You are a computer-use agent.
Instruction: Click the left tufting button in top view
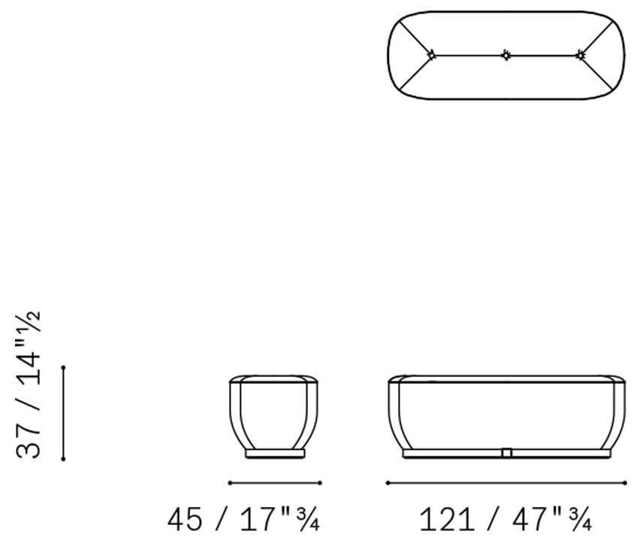(432, 55)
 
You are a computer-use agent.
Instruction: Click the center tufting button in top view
(506, 55)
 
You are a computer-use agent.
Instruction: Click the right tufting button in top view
(580, 55)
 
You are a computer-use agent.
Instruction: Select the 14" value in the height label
(29, 363)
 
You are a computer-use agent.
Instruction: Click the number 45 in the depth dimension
(184, 519)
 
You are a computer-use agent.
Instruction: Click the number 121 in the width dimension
(448, 519)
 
